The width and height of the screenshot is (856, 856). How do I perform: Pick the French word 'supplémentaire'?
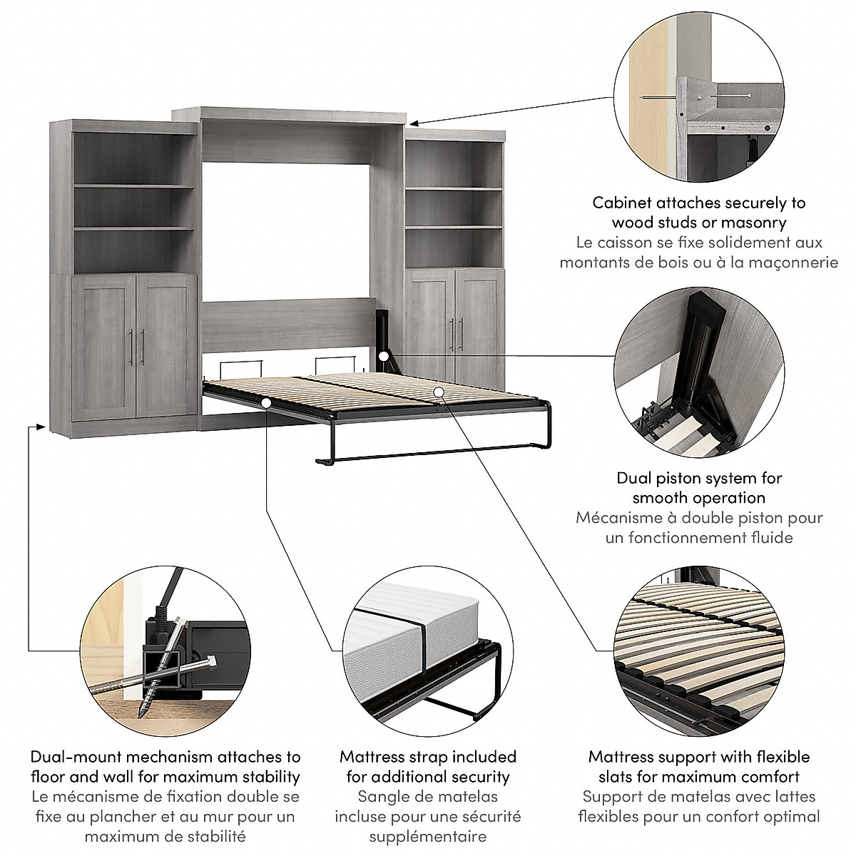(x=428, y=836)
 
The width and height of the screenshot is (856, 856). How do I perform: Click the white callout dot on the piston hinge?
(x=384, y=355)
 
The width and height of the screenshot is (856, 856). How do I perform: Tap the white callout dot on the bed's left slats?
(x=265, y=403)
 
